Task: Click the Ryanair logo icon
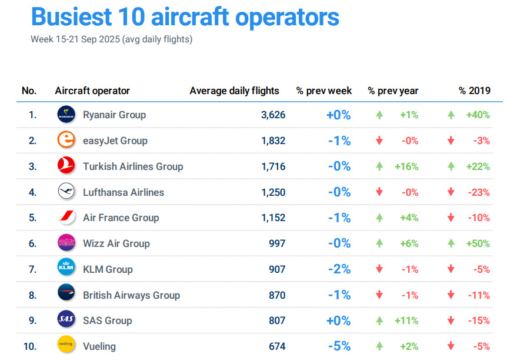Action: point(66,115)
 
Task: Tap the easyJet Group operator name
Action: point(115,141)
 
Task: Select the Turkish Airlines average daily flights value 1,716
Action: point(273,166)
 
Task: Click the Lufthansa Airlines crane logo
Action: point(66,192)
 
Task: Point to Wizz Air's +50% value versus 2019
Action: point(478,243)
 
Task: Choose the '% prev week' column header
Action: point(324,91)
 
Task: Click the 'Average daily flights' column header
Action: point(234,91)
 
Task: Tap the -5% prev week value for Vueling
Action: point(339,346)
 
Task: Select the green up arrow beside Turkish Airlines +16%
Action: point(379,166)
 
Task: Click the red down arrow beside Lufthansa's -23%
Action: point(451,192)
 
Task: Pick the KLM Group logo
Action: point(66,269)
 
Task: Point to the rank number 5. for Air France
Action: point(32,218)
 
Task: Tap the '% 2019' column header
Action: point(475,91)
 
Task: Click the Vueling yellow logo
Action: point(66,346)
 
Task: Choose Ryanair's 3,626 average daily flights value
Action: point(273,115)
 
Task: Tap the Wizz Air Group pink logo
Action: point(66,243)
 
